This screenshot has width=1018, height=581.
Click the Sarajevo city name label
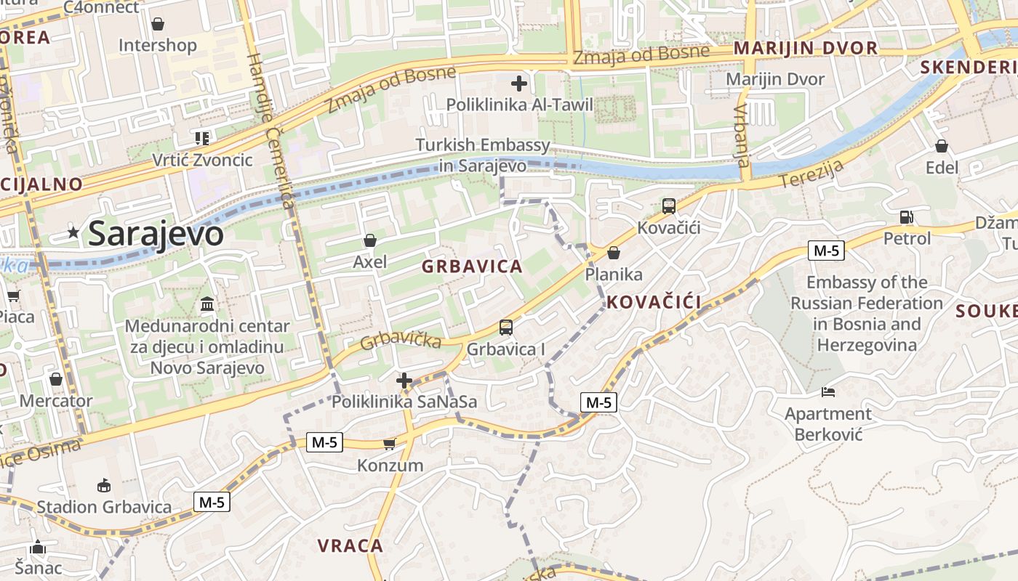point(156,234)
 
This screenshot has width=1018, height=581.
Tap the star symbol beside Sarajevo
point(73,232)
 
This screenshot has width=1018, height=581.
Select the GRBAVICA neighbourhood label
point(473,267)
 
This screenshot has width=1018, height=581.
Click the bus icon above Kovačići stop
point(669,206)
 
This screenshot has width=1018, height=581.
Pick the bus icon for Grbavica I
point(506,328)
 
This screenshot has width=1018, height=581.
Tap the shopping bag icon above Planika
point(614,253)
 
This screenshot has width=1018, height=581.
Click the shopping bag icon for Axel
point(370,240)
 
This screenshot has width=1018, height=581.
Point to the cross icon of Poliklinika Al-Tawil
point(519,84)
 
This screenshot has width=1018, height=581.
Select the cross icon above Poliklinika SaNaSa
point(404,380)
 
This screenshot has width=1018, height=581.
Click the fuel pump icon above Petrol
point(907,216)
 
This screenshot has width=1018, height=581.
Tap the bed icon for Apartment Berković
point(828,392)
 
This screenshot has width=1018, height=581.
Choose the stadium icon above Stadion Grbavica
point(104,485)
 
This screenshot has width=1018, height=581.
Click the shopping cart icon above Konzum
point(390,444)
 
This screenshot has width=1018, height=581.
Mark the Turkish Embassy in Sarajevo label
point(483,155)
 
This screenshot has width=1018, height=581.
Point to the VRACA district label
point(350,545)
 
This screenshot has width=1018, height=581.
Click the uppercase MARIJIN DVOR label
point(806,49)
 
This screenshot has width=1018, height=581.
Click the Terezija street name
point(811,173)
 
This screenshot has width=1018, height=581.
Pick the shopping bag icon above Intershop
point(158,24)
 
